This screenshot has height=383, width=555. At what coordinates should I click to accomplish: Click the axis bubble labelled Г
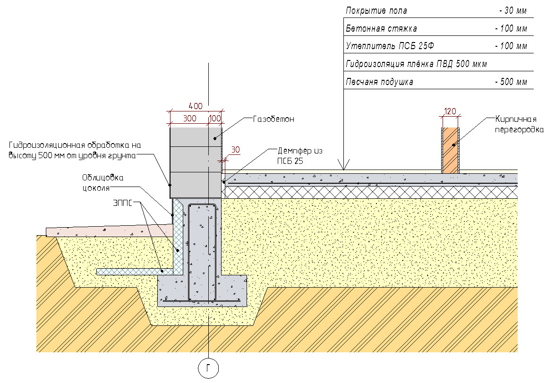coord(208,368)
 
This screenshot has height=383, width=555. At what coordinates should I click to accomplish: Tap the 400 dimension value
coord(196,105)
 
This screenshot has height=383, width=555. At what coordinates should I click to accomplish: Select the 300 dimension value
coord(189,119)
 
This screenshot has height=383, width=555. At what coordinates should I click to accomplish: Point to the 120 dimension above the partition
coord(450,111)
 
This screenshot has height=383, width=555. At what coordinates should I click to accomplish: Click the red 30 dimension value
coord(235,150)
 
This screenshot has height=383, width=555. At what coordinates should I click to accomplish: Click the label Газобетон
coord(273,119)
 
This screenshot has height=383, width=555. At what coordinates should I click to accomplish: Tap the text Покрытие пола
coord(376,11)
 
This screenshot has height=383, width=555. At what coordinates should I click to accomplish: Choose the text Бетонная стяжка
coord(381,29)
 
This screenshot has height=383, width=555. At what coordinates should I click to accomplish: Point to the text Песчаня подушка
coord(379,82)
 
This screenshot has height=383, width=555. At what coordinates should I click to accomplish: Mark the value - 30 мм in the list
coord(512,11)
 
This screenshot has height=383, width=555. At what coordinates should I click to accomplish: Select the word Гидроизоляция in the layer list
coord(375,64)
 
